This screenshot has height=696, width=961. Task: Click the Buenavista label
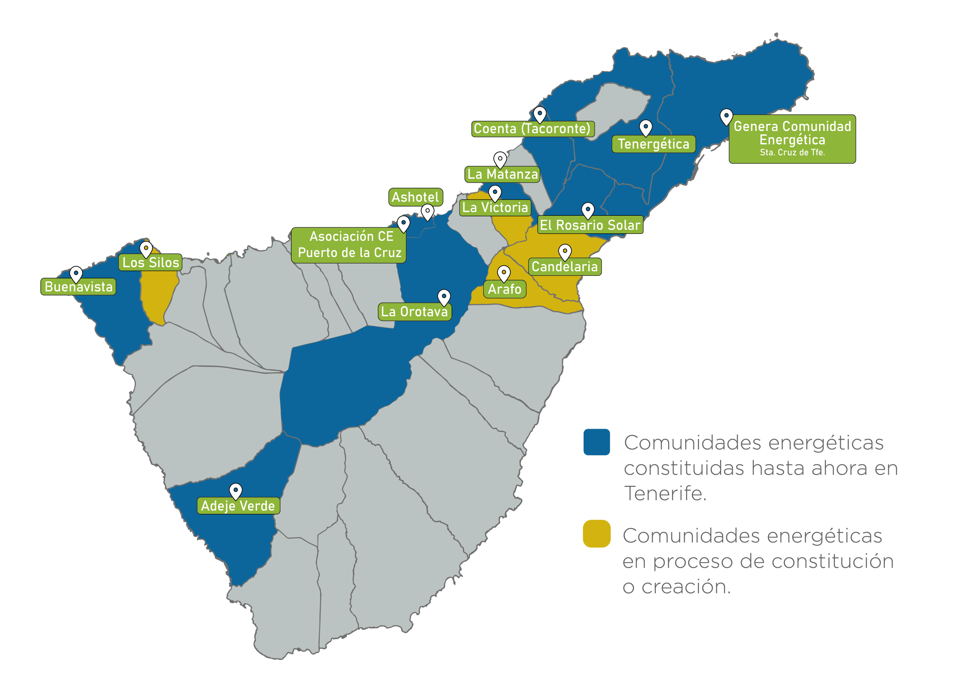coord(78,287)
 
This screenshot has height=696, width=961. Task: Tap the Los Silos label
coord(151,263)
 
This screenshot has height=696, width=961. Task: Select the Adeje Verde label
coord(238,506)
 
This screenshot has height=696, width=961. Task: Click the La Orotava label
coord(414,312)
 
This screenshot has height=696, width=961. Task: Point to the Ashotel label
coord(415,197)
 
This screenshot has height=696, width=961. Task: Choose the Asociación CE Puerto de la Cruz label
coord(349,245)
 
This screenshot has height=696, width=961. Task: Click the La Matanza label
coord(503,174)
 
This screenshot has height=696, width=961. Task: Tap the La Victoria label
coord(495,207)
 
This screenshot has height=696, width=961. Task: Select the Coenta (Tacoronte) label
coord(533,129)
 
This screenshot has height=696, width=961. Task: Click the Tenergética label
coord(654,144)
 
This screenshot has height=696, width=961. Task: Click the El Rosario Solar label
coord(590,225)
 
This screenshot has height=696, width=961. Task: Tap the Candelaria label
coord(564,267)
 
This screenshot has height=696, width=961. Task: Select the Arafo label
coord(504,289)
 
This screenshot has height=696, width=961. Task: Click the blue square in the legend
coord(596,442)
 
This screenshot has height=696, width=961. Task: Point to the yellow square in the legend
coord(596,534)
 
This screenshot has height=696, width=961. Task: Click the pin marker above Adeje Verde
coord(236,490)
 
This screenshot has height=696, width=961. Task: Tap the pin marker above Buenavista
coord(76,274)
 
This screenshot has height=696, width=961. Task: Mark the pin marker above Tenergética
coord(645,127)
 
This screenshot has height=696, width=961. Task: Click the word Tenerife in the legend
coord(665,493)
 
